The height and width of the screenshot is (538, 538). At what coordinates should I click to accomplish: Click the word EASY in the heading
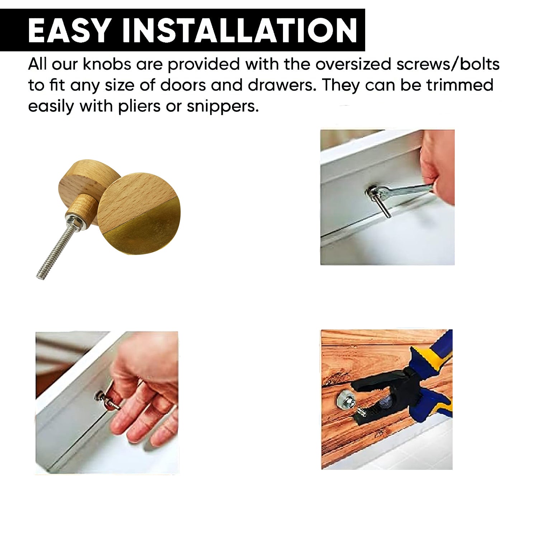pyautogui.click(x=69, y=30)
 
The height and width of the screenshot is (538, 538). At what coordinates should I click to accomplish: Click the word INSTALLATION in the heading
pyautogui.click(x=239, y=30)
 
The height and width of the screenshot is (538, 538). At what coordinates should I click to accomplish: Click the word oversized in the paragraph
pyautogui.click(x=354, y=65)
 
